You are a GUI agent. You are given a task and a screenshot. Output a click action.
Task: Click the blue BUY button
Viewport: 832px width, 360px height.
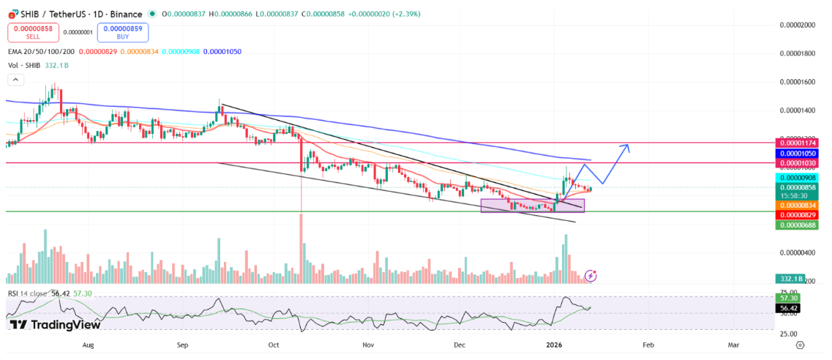123,32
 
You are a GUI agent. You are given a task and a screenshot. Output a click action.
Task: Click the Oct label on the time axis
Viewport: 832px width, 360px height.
274,343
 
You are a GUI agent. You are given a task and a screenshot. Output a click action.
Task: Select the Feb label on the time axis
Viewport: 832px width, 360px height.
647,343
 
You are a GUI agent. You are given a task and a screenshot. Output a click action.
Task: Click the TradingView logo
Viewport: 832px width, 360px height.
55,325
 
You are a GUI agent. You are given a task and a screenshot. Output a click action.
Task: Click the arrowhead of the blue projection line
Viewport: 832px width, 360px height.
626,146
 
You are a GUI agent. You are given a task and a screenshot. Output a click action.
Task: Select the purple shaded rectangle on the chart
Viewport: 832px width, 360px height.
532,206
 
